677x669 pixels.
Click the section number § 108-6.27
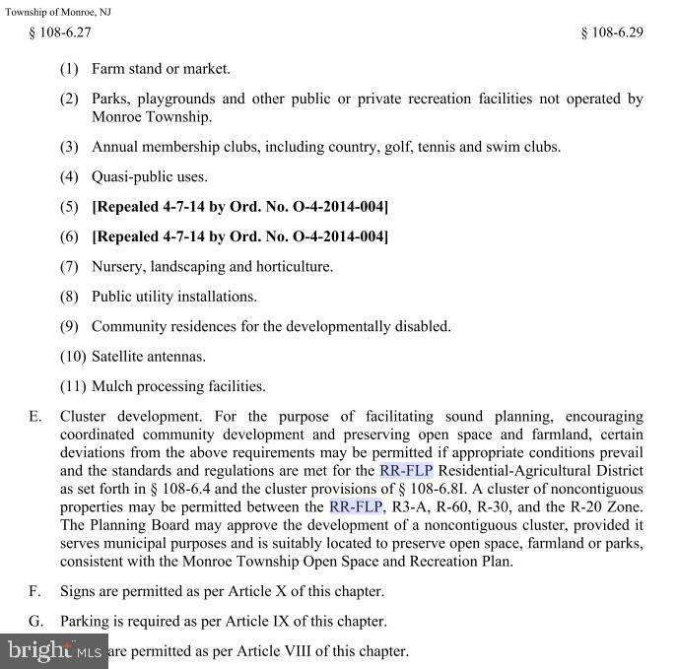(61, 33)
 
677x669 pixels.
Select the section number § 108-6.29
(612, 33)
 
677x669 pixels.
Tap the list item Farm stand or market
(161, 69)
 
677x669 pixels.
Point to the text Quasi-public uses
(150, 177)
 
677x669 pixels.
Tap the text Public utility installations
(174, 297)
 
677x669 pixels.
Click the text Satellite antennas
(149, 357)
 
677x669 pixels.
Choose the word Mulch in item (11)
(110, 386)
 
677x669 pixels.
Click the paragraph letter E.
(34, 417)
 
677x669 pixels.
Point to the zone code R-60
(451, 507)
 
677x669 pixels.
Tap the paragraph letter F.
(34, 591)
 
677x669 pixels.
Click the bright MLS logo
(54, 649)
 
